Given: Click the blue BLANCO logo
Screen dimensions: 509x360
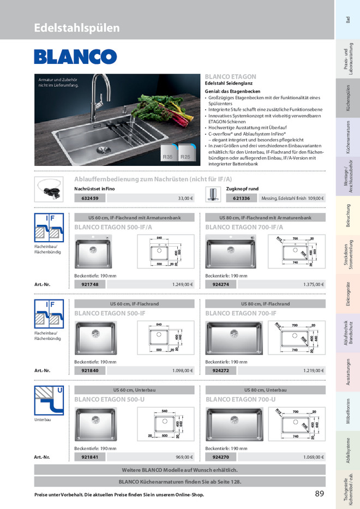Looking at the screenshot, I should pos(75,57).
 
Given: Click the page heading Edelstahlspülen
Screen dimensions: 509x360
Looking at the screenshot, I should pos(77,28).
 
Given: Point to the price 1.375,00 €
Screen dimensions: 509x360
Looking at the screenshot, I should pos(313,284).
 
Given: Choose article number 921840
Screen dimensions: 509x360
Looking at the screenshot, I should pos(89,370).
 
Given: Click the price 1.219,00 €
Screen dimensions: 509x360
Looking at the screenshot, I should pos(313,370).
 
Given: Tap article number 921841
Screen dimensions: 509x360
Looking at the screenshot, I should pos(89,457).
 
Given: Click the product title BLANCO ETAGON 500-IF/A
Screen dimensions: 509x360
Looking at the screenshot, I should pos(110,227).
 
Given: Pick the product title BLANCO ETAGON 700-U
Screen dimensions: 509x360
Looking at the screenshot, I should pos(241,399).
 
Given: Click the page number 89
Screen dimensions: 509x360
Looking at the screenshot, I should pos(320,494).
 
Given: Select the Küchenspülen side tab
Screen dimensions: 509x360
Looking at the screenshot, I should pos(347,99).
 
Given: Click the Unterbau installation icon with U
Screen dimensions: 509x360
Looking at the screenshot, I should pos(49,401).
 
